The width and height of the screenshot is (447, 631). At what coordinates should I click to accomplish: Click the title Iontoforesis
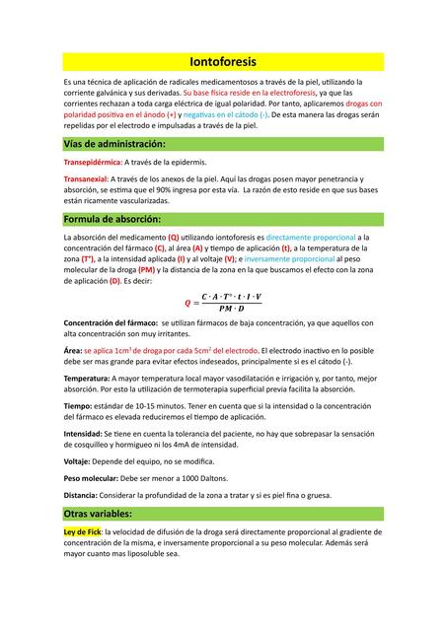pos(223,62)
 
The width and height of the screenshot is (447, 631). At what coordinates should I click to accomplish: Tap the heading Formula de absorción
pos(111,218)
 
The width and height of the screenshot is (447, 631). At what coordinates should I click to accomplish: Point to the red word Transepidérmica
pos(91,162)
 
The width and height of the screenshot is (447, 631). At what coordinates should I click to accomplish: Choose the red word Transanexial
pos(85,177)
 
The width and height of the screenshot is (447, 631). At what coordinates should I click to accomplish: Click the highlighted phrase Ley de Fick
pos(82,531)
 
